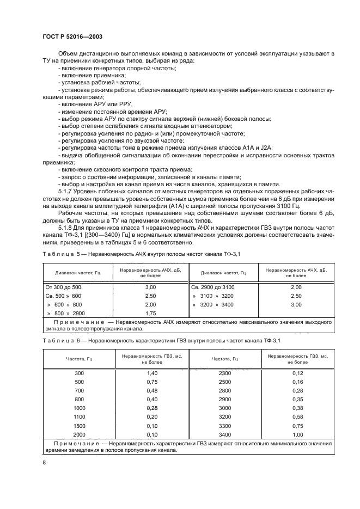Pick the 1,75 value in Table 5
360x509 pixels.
pyautogui.click(x=151, y=314)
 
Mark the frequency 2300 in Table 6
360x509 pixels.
pyautogui.click(x=224, y=373)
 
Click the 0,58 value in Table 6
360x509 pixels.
pyautogui.click(x=296, y=416)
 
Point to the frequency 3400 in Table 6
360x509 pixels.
pyautogui.click(x=224, y=434)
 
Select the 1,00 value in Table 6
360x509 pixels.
pyautogui.click(x=296, y=434)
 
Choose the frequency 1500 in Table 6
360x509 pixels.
pyautogui.click(x=80, y=425)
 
